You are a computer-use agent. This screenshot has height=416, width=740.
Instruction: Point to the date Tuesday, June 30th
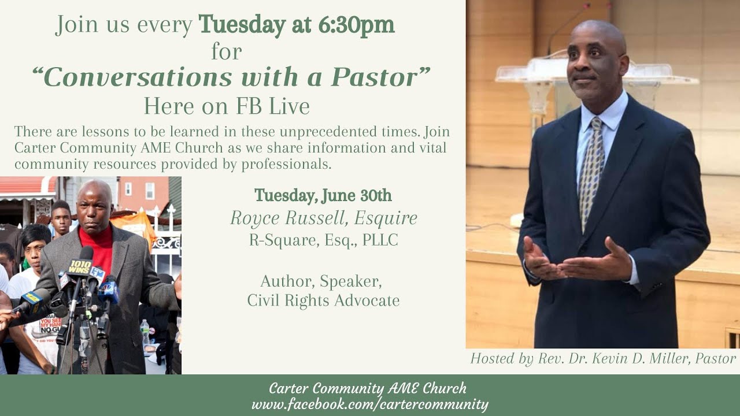[323, 196]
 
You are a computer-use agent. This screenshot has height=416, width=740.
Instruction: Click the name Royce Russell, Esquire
[324, 218]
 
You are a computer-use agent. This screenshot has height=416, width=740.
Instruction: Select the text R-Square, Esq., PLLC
[324, 240]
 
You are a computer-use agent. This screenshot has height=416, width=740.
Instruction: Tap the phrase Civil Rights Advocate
[324, 300]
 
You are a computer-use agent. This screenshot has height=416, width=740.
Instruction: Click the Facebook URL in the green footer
[370, 404]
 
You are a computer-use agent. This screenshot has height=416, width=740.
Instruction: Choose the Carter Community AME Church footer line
[368, 388]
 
